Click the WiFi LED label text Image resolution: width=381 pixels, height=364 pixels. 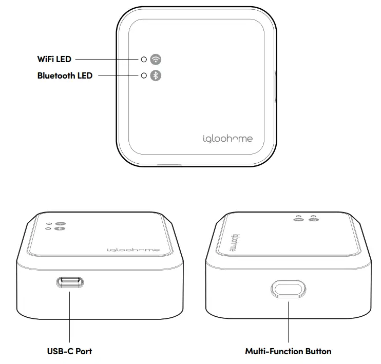(54, 60)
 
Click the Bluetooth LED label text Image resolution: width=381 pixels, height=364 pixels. (65, 76)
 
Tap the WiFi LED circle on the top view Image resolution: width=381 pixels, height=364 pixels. (144, 60)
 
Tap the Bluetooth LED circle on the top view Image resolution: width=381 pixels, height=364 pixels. (144, 76)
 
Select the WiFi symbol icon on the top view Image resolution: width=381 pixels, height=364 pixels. (156, 59)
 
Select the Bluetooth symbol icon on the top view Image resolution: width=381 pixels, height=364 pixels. (156, 76)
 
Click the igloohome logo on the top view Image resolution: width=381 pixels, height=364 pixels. (226, 139)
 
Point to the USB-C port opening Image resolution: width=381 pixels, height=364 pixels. (70, 282)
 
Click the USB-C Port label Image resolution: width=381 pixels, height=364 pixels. (69, 352)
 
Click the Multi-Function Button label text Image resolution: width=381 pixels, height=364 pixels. (288, 352)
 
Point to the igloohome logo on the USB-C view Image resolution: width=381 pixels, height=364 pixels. (134, 250)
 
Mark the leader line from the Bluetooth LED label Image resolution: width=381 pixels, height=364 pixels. (118, 76)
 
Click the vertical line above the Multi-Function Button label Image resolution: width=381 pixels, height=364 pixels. (288, 321)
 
